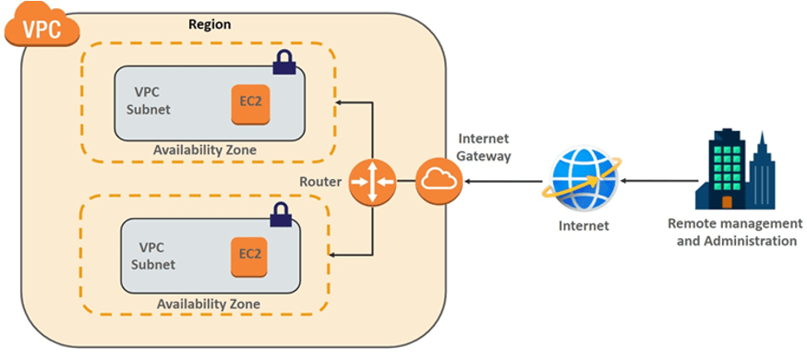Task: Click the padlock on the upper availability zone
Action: point(284,63)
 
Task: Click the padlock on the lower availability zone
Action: point(280,215)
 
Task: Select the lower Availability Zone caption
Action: point(208,304)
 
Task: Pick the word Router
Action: point(321,181)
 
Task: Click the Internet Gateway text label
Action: point(483,148)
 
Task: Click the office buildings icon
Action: point(734,171)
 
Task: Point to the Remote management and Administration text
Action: point(735,233)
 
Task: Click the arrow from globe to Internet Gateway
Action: point(502,181)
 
